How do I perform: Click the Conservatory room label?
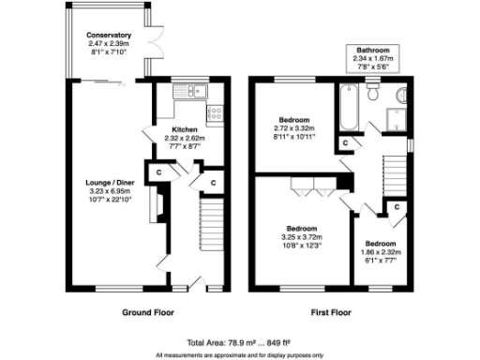[104, 36]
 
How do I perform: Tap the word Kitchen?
[184, 127]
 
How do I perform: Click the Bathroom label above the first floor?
[371, 50]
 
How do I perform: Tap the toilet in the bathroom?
[372, 92]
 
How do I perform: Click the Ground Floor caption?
[148, 311]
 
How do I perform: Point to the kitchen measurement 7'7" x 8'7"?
[184, 145]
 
